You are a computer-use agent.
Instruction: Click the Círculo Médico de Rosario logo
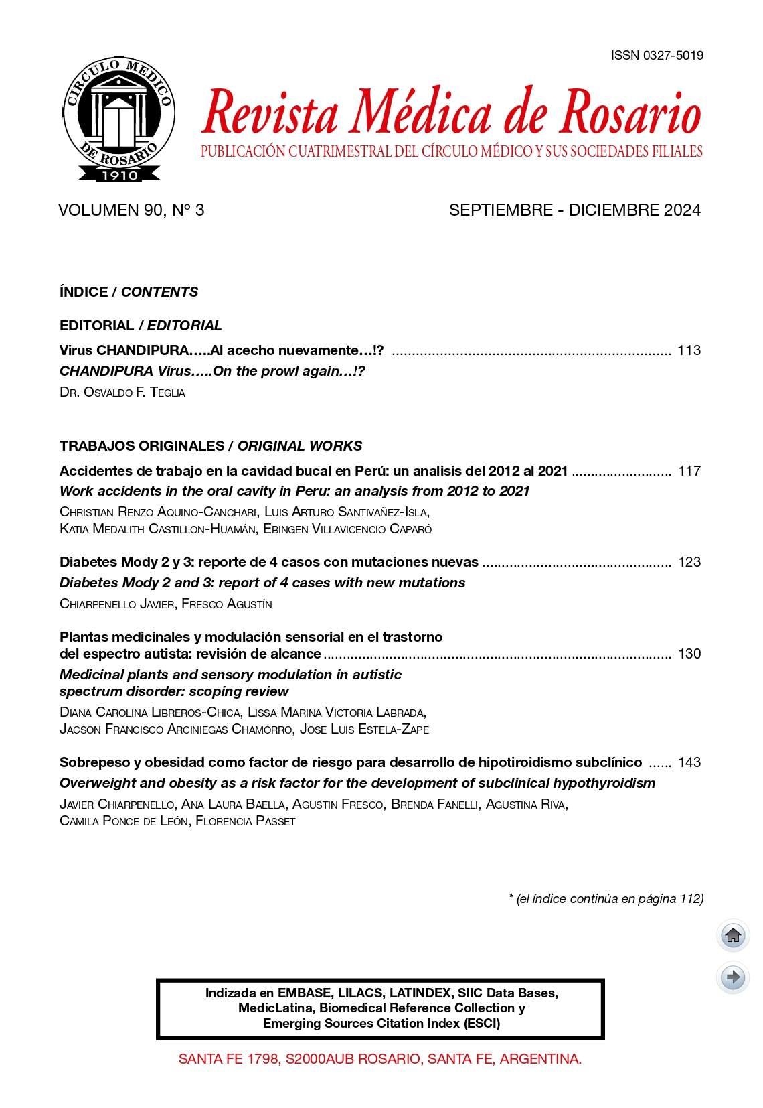point(119,119)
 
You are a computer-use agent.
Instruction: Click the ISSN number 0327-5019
point(657,56)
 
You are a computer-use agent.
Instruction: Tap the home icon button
point(733,936)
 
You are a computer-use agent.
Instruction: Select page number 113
point(689,350)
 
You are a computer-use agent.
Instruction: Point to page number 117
point(689,471)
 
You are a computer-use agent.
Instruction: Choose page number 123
point(689,562)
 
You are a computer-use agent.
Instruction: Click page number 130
point(689,654)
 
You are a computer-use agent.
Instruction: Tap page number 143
point(689,762)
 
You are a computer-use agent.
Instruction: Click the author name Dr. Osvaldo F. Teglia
point(122,393)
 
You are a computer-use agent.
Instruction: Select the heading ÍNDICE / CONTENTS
point(129,292)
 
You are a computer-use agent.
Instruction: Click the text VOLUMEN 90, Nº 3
point(131,210)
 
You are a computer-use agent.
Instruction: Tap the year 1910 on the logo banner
point(119,175)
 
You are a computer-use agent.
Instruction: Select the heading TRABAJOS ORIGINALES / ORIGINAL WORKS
point(211,446)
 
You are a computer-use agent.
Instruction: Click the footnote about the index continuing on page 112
point(606,899)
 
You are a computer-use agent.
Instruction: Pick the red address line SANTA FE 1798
point(379,1059)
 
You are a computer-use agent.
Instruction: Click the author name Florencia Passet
point(245,821)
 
